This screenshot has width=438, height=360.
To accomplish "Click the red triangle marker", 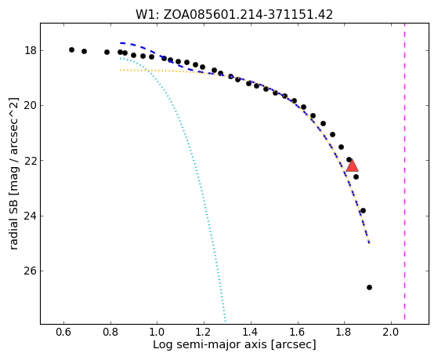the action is click(353, 165).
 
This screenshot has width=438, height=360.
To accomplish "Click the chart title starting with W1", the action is click(234, 15).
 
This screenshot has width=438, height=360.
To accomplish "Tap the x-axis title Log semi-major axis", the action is click(234, 344).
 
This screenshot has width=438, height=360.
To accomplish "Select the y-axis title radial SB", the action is click(14, 173).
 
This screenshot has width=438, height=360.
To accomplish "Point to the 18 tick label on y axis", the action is click(30, 51).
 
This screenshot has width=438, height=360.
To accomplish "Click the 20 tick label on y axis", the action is click(30, 106).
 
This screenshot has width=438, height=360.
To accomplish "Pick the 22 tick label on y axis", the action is click(30, 161).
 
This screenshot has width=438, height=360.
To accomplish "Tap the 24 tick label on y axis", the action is click(30, 216).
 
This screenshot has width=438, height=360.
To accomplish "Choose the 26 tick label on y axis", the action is click(30, 271).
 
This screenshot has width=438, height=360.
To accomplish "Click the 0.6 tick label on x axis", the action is click(64, 332).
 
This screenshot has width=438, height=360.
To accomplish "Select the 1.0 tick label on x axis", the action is click(157, 332).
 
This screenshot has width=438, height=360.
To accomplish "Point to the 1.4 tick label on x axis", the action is click(251, 332).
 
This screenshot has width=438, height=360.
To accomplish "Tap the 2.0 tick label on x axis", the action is click(391, 332).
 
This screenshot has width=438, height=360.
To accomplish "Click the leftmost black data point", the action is click(71, 49).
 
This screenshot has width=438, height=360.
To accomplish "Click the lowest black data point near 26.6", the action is click(369, 287).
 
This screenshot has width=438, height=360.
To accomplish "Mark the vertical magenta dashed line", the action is click(404, 171).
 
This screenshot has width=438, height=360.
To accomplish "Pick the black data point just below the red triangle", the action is click(356, 176).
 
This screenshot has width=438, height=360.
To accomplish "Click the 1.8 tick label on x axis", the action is click(345, 332).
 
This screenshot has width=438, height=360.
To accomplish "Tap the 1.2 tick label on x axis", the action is click(204, 332).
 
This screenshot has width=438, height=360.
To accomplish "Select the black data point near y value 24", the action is click(363, 210).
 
